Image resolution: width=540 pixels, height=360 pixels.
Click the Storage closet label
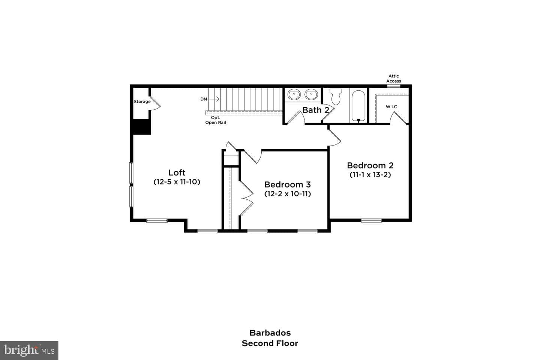tap(142, 102)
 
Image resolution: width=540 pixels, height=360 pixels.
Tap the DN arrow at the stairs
tap(213, 99)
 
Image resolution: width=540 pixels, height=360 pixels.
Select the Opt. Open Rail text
tap(216, 120)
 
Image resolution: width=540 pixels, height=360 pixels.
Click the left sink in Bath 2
tap(294, 94)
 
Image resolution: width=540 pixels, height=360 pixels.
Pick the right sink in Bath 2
tap(311, 94)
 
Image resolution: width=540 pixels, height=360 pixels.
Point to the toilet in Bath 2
tap(336, 96)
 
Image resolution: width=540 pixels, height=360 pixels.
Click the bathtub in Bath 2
tap(358, 106)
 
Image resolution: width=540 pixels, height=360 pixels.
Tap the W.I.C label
tap(391, 106)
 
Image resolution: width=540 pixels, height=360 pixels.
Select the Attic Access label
tap(394, 79)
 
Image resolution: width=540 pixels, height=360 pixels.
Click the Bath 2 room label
tap(316, 110)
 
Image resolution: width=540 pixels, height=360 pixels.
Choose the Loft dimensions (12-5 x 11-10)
tap(177, 182)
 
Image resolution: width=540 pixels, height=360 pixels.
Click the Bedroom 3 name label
tap(288, 184)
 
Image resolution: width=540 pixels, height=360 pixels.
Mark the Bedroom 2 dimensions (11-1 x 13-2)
tap(370, 175)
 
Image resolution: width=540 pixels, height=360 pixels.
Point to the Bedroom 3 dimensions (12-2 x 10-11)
tap(288, 193)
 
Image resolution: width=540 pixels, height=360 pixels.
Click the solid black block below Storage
tap(142, 127)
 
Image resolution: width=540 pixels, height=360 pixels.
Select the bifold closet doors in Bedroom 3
tap(246, 198)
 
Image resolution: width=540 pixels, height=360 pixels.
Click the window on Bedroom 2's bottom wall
tap(372, 220)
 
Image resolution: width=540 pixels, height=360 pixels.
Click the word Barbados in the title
tap(270, 333)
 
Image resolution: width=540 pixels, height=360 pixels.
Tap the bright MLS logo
tap(29, 350)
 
